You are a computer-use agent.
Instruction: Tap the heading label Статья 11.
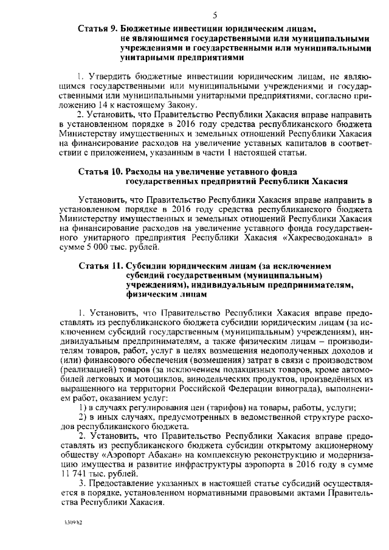(100, 266)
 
